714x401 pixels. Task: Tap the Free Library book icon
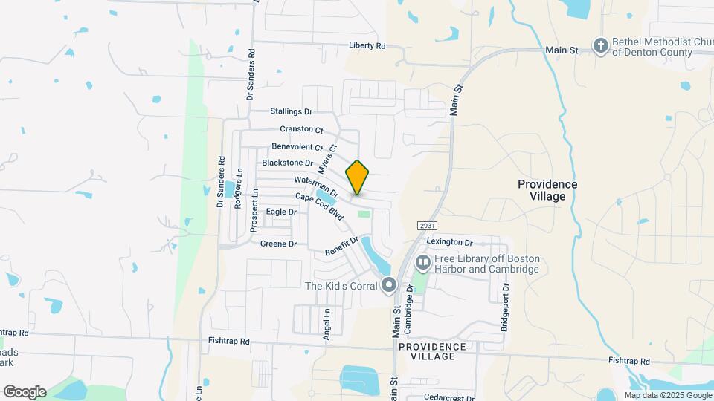tap(423, 262)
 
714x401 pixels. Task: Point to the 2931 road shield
tap(425, 225)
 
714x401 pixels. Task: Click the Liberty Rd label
tap(367, 46)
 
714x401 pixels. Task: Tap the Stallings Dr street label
tap(292, 111)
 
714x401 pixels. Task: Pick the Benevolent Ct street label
tap(297, 147)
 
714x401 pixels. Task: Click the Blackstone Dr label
tap(288, 163)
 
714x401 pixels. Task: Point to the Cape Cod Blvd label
tap(319, 206)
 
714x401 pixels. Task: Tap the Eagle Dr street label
tap(281, 212)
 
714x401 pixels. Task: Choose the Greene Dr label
tap(279, 244)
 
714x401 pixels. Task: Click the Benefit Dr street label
tap(342, 246)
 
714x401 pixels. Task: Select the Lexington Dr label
tap(450, 242)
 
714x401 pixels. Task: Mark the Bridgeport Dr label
tap(505, 297)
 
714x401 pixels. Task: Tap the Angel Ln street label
tap(326, 325)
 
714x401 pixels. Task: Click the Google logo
tap(25, 392)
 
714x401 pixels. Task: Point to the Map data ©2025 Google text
tap(668, 395)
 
